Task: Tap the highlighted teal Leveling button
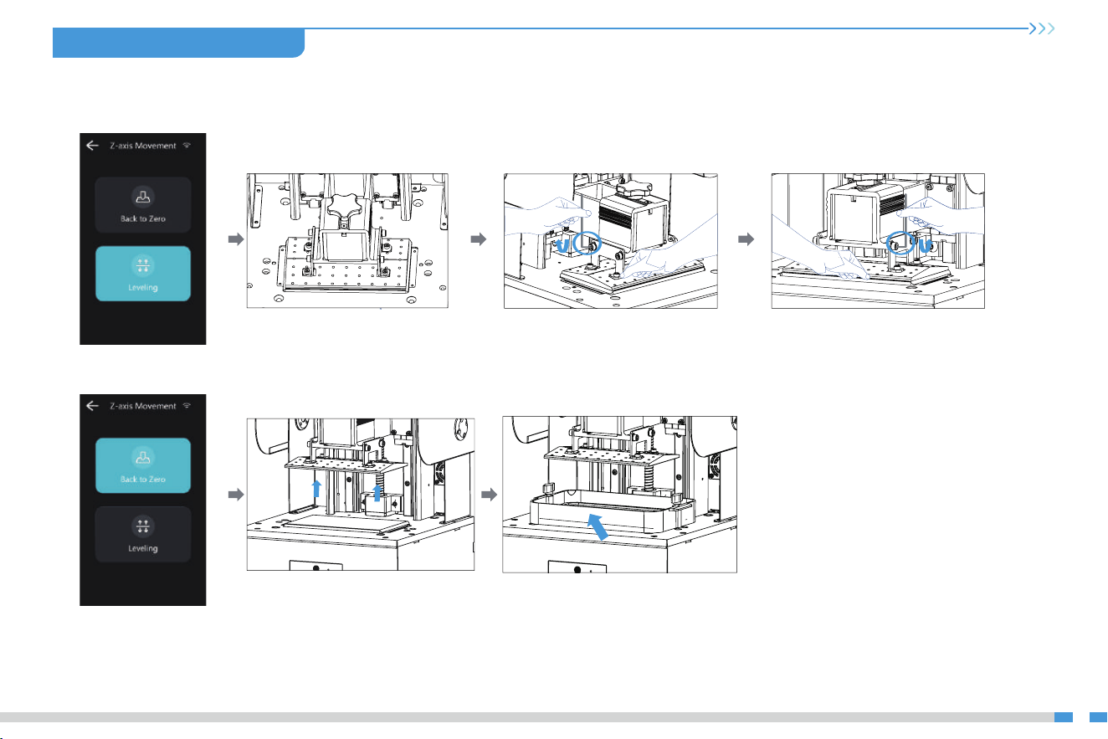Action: [x=143, y=274]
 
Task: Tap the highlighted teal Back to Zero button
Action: [x=143, y=465]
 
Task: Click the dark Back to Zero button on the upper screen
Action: [x=143, y=205]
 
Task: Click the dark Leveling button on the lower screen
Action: [x=143, y=534]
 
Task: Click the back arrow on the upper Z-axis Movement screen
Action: [x=93, y=146]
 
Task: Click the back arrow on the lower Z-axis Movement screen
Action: [x=93, y=406]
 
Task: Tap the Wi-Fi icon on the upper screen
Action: [x=187, y=145]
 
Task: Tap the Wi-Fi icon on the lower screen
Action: [x=187, y=406]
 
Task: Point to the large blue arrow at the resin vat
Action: [x=598, y=526]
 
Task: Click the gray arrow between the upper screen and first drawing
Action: [x=237, y=239]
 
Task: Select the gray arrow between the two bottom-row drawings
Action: [x=490, y=494]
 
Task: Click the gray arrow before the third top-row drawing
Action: [x=746, y=239]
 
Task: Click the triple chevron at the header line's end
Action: [x=1042, y=28]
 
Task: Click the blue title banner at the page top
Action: [x=178, y=43]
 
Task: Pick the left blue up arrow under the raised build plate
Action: [x=316, y=489]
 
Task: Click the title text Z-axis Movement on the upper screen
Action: [x=143, y=146]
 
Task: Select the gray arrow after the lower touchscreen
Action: [x=237, y=494]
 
